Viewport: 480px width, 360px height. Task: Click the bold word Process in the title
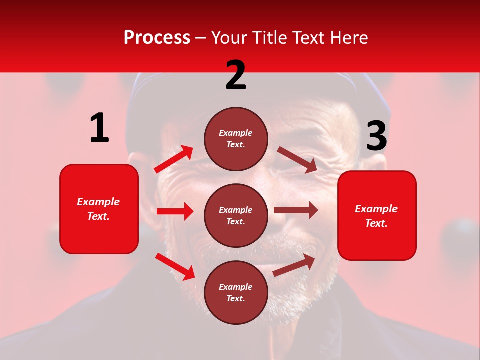click(x=157, y=37)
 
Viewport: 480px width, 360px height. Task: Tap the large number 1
click(x=99, y=128)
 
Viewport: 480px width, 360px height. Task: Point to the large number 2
click(x=236, y=75)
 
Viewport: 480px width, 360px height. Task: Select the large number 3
click(x=376, y=136)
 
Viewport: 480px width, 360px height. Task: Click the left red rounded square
click(x=99, y=209)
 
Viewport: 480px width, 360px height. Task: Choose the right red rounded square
click(x=377, y=216)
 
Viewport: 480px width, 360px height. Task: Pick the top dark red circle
click(x=236, y=139)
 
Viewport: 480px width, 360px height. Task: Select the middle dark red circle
click(x=236, y=215)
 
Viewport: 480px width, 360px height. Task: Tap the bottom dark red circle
click(x=236, y=292)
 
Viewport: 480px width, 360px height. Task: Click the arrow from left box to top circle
click(x=174, y=159)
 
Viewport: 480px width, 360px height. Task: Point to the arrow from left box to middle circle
click(x=175, y=211)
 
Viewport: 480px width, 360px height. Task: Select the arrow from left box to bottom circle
click(x=175, y=266)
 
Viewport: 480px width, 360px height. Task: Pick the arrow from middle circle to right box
click(x=296, y=210)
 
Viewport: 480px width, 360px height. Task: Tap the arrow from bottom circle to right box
click(x=294, y=265)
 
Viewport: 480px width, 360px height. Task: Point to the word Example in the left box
click(x=98, y=202)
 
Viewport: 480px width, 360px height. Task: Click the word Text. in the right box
click(x=376, y=223)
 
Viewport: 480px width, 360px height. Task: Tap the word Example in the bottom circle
click(x=236, y=287)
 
